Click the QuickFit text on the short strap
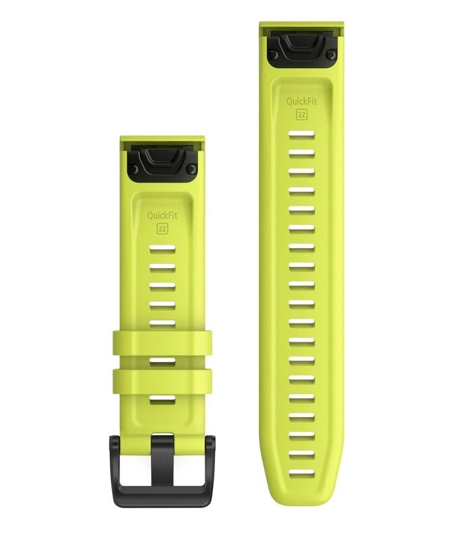tap(162, 216)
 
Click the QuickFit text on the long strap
tap(301, 101)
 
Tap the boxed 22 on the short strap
tap(162, 229)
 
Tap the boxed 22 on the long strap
tap(301, 114)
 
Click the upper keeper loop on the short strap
tap(162, 342)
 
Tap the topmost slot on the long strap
tap(301, 135)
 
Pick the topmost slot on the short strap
tap(162, 250)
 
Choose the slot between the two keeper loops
tap(162, 362)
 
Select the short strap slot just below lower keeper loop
tap(162, 400)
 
